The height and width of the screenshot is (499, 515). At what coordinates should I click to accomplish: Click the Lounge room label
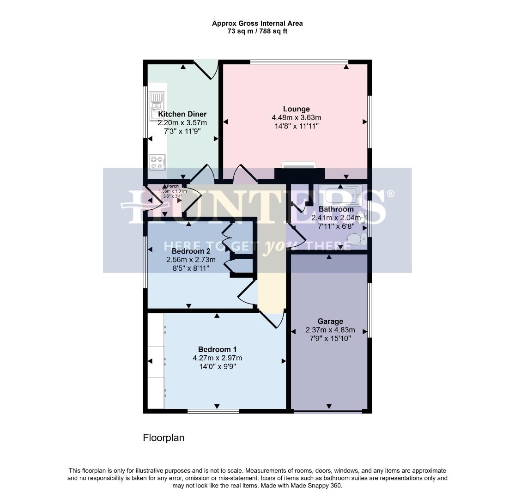point(296,109)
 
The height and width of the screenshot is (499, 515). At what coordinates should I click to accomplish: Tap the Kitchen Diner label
point(182,114)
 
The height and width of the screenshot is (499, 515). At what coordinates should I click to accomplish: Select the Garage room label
point(330,321)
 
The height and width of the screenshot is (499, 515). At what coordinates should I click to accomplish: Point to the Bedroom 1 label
point(217,349)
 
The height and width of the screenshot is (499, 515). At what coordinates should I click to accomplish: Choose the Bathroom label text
point(332,209)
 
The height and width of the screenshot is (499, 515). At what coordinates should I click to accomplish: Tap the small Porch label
point(173,186)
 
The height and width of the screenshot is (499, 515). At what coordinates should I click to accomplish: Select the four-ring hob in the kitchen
point(157,162)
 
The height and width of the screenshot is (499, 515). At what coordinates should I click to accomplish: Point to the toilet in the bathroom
point(357,239)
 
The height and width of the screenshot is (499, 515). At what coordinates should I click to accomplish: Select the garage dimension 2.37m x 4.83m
point(330,330)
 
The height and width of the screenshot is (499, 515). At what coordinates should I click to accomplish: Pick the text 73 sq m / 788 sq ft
point(257,31)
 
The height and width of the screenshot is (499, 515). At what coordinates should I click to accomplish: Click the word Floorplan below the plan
point(164,438)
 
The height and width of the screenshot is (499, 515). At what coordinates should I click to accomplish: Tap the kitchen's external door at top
point(206,69)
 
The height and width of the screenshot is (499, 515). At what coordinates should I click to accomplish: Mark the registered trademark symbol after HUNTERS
point(390,194)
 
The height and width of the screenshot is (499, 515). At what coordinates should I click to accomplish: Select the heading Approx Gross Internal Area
point(257,23)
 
